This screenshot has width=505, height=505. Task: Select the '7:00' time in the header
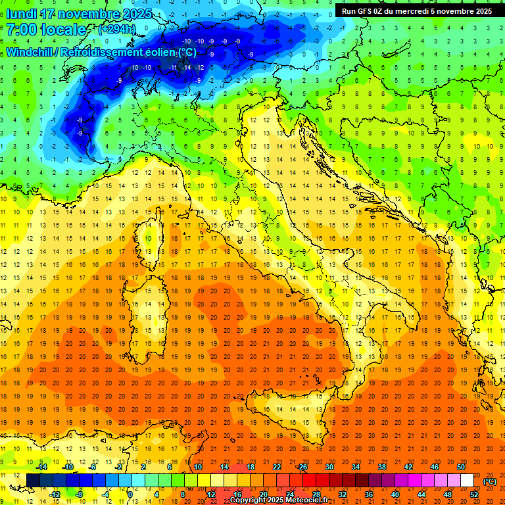click(21, 30)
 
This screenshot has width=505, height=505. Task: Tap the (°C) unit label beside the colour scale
click(490, 481)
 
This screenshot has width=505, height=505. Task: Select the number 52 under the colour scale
click(474, 494)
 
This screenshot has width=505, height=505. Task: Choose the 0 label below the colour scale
click(131, 494)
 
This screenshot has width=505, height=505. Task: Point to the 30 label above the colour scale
click(329, 467)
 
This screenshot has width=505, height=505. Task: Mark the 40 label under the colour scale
click(395, 494)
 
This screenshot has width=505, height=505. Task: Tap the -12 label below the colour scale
click(55, 494)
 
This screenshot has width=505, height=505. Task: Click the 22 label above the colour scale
click(276, 467)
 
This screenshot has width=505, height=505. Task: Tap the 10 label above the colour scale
click(197, 467)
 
